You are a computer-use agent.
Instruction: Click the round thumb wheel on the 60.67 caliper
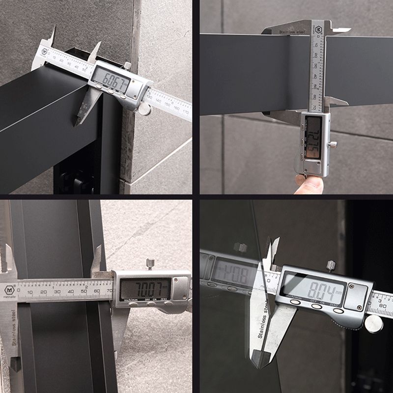(x=144, y=109)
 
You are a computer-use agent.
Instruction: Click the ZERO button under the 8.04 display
(x=337, y=310)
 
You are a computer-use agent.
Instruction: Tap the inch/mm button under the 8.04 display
(x=295, y=302)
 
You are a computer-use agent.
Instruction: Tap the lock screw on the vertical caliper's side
(x=334, y=144)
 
